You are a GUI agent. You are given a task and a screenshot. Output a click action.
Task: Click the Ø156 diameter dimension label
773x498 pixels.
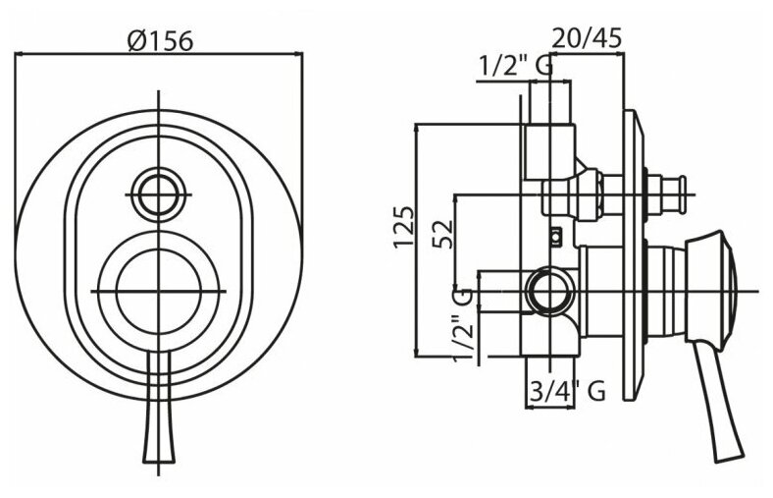click(x=159, y=40)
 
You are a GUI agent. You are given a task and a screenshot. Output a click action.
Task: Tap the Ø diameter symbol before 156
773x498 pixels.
click(x=136, y=41)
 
